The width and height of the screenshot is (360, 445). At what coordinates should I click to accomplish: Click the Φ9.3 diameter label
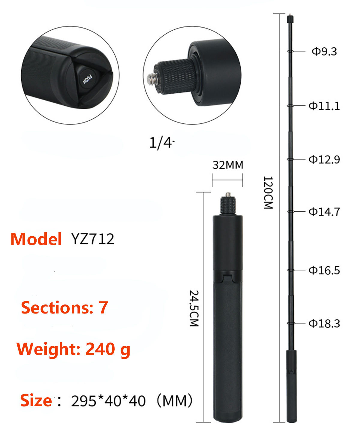tap(324, 52)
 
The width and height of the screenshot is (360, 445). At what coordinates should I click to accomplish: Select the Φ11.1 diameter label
tap(324, 106)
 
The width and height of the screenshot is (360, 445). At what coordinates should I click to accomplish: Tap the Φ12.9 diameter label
tap(324, 159)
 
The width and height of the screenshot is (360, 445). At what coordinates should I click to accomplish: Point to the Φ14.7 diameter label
tap(324, 212)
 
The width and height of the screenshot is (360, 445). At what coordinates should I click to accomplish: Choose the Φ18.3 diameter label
tap(324, 324)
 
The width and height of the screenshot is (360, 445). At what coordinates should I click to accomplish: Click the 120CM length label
tap(268, 192)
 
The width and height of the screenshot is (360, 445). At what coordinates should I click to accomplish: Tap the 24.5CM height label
tap(194, 308)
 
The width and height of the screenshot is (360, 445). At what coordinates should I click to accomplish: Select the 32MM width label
tap(228, 165)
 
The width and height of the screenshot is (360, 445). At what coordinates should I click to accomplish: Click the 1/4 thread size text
tap(161, 143)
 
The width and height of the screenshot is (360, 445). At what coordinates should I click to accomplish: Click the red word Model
tap(36, 239)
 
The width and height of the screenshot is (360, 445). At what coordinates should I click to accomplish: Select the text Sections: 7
tap(64, 308)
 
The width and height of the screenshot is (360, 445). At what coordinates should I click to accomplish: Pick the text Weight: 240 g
tap(73, 349)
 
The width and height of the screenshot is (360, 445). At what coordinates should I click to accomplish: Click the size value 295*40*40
tap(108, 401)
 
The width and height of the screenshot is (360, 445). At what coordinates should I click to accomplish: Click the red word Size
tap(36, 401)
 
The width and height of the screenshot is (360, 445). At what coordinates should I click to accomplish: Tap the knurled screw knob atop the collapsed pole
tap(228, 206)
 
